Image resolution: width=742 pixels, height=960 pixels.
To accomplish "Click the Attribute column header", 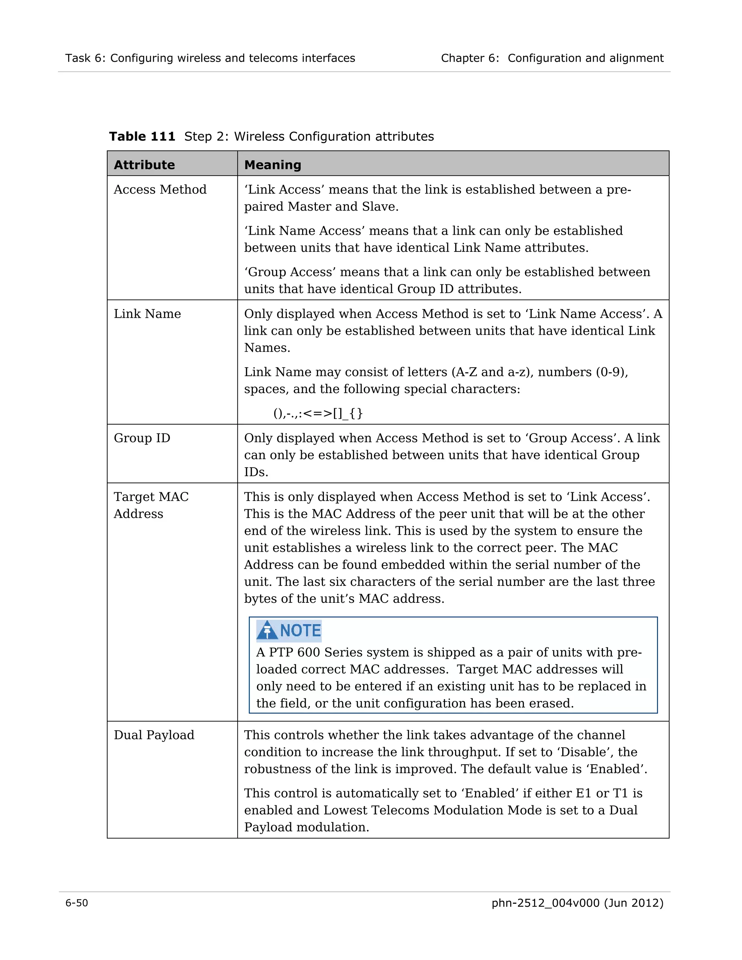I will click(144, 165).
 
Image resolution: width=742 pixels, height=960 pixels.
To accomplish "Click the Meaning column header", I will click(272, 165).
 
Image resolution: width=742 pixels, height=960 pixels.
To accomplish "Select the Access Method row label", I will click(160, 189).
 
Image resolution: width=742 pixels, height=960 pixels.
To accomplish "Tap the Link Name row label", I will click(147, 314).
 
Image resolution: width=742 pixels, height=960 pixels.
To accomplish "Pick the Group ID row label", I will click(142, 438).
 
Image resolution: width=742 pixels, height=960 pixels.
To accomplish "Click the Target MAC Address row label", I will click(151, 505).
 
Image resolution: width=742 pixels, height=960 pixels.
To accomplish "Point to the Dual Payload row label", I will click(154, 735).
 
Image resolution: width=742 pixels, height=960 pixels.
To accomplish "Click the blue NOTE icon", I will click(289, 631).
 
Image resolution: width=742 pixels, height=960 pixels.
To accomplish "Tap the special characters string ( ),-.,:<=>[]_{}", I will click(318, 413).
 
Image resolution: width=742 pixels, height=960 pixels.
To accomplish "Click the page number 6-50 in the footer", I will click(76, 903).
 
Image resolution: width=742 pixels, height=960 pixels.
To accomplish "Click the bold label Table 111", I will click(142, 136).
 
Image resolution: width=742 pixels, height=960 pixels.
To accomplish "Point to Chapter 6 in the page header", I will click(470, 58).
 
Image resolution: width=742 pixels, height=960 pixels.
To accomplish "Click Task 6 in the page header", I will click(85, 58).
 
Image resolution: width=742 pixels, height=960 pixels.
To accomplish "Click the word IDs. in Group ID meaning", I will click(256, 472).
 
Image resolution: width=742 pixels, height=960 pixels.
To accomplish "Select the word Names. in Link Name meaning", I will click(267, 348).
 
